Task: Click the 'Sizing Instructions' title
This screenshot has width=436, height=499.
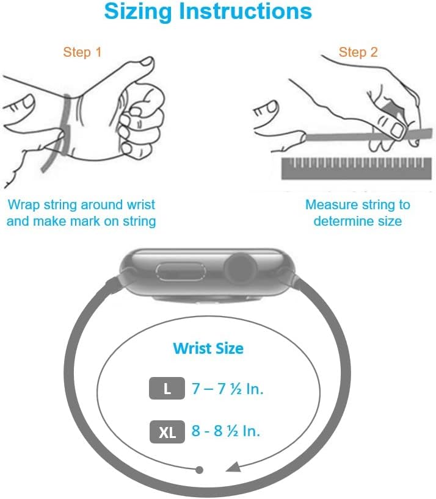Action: pyautogui.click(x=208, y=12)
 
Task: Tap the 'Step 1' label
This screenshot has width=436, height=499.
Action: pyautogui.click(x=82, y=52)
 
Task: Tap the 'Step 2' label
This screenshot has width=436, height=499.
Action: pyautogui.click(x=358, y=52)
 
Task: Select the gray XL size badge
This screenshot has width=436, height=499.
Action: pyautogui.click(x=167, y=432)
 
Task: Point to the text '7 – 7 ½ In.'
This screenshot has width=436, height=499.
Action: pyautogui.click(x=228, y=389)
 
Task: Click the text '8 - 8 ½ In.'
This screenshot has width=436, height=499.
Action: pyautogui.click(x=226, y=431)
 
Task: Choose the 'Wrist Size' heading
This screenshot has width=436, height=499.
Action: pyautogui.click(x=208, y=348)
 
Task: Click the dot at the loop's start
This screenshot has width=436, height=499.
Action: pyautogui.click(x=199, y=470)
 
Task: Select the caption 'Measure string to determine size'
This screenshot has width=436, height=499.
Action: pyautogui.click(x=358, y=213)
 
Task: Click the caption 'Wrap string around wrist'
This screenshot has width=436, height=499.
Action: pyautogui.click(x=81, y=205)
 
